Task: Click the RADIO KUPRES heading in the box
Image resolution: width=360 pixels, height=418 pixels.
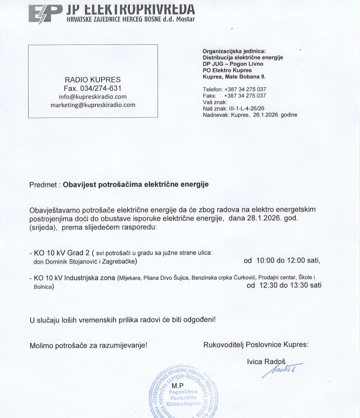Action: pyautogui.click(x=92, y=79)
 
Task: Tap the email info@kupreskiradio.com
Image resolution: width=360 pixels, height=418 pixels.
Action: pyautogui.click(x=92, y=97)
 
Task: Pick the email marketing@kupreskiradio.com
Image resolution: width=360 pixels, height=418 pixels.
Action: pyautogui.click(x=92, y=105)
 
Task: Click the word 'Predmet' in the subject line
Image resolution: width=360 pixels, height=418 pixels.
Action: pyautogui.click(x=44, y=184)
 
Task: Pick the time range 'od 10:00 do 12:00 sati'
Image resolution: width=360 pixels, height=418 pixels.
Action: pyautogui.click(x=282, y=260)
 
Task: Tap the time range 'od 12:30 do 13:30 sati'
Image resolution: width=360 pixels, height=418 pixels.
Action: pyautogui.click(x=284, y=285)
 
